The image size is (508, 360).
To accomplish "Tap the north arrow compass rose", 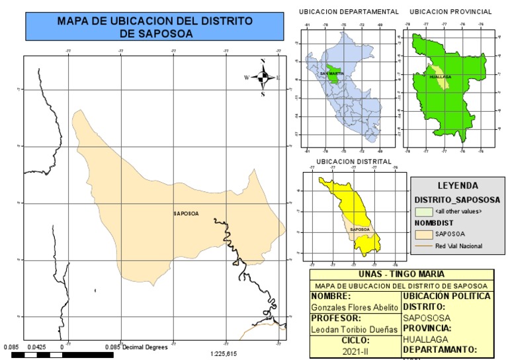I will point(263,77).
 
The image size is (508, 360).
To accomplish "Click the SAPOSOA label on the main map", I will point(185,213).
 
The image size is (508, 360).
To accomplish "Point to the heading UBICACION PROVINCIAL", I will point(450,12).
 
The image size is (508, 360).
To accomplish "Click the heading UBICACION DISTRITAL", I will point(354,161).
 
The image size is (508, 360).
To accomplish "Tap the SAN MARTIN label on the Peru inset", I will point(332,73).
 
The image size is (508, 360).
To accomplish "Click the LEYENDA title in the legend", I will point(458,186).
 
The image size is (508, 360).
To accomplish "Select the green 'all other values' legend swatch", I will point(423,211).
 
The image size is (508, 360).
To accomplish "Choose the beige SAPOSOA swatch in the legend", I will point(423,234).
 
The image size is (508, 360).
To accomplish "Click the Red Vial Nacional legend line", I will point(423,246).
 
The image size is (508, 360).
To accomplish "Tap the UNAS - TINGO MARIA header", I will point(402,274).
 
